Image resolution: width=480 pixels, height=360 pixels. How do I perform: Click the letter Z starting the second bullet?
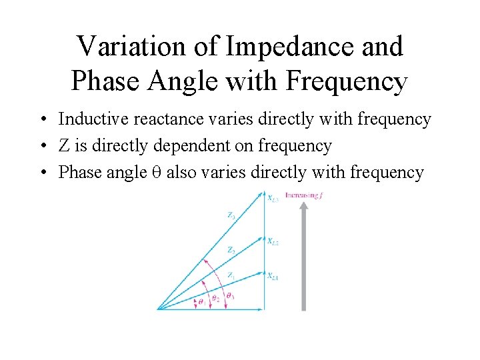64,146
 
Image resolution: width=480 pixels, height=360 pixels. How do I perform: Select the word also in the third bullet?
181,173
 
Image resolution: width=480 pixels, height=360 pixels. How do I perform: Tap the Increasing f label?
303,195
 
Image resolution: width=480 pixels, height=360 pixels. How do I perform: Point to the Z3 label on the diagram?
231,215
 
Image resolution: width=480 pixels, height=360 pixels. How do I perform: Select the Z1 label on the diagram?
230,275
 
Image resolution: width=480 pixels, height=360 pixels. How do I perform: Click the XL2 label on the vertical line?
273,241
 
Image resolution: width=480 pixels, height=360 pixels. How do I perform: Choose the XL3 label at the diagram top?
273,198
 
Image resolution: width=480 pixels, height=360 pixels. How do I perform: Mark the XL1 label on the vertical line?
273,276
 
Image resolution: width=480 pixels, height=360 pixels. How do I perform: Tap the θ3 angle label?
229,295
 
